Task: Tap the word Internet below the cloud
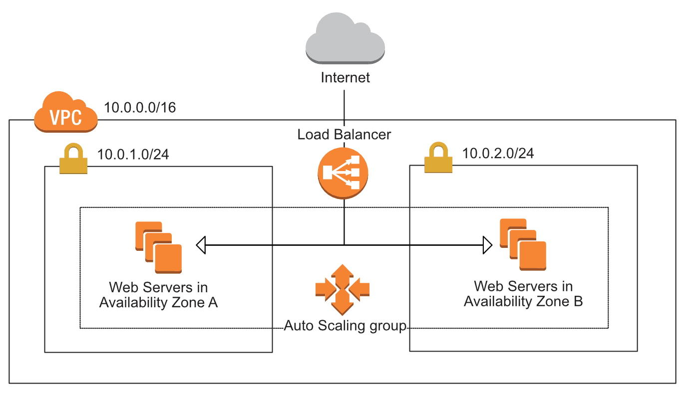click(345, 78)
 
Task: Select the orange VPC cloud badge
click(65, 113)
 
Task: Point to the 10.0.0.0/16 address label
click(140, 107)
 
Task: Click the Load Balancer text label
click(344, 134)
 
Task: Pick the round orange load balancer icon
click(343, 173)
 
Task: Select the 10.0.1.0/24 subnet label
click(133, 154)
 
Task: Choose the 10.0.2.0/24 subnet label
click(498, 153)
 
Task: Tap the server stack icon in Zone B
click(523, 245)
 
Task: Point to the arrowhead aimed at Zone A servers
click(201, 245)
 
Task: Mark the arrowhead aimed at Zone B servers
click(487, 245)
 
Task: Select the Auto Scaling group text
click(345, 326)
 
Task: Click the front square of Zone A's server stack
click(168, 258)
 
